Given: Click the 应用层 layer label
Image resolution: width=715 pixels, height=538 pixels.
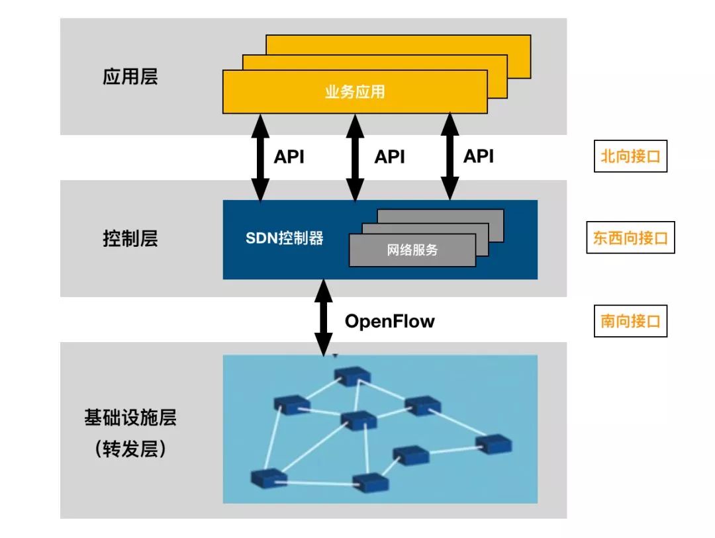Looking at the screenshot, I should click(x=130, y=77).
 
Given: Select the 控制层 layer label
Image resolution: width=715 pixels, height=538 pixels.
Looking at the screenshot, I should click(x=130, y=239).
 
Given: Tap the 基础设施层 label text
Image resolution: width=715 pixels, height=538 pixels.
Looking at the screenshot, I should click(x=130, y=418).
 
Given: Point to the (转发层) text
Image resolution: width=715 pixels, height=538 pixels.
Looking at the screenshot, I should click(x=130, y=450).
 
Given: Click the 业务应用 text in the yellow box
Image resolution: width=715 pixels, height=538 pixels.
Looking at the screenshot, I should click(x=355, y=92).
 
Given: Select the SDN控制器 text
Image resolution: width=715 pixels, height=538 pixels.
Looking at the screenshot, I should click(x=285, y=238).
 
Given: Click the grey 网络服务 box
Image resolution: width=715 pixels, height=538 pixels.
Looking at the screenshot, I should click(x=412, y=251).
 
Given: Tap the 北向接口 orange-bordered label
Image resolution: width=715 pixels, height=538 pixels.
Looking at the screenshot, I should click(x=630, y=157).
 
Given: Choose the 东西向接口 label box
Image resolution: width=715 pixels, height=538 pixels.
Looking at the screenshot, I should click(x=630, y=238).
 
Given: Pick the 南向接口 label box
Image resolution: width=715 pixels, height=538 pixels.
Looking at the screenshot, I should click(x=630, y=322).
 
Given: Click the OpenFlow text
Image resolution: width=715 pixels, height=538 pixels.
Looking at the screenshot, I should click(x=389, y=322).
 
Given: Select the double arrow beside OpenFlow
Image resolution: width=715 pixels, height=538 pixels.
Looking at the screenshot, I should click(x=324, y=318).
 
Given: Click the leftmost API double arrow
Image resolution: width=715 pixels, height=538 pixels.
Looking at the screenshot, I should click(x=260, y=157).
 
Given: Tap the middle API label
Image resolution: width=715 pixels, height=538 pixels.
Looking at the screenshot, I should click(x=389, y=157).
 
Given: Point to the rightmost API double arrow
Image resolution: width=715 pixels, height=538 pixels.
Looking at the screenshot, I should click(x=451, y=157).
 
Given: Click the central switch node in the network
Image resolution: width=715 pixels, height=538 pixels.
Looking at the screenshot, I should click(x=358, y=420).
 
